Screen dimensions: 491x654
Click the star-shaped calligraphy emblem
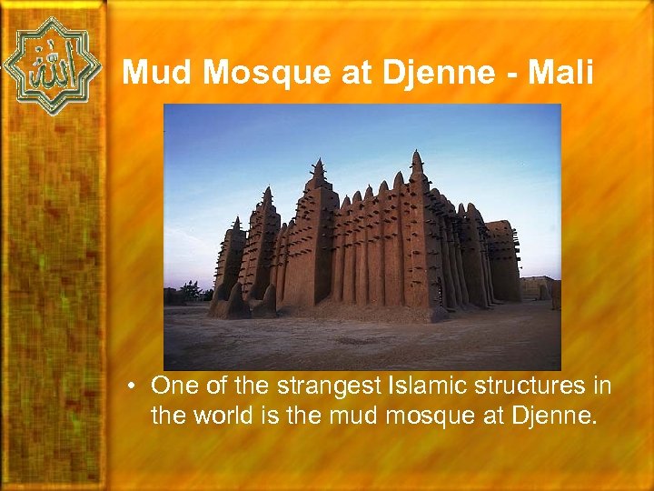pos(52,66)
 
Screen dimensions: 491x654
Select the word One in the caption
pos(176,386)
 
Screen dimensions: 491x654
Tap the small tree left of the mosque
pos(190,292)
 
